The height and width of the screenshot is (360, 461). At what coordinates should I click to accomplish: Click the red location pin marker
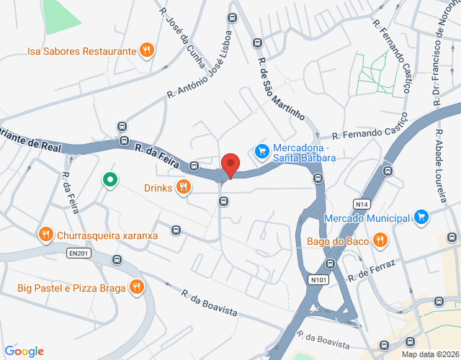click(230, 165)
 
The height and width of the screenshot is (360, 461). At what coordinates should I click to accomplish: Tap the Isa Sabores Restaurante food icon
click(147, 50)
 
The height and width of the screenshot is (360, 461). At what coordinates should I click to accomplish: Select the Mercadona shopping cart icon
click(261, 151)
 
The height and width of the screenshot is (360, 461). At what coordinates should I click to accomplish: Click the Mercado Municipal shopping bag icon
click(421, 217)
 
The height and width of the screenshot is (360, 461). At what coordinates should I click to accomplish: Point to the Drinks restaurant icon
click(184, 187)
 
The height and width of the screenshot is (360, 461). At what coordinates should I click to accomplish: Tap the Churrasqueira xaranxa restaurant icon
click(45, 234)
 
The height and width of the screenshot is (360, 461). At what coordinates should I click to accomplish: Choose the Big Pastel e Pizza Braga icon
click(136, 288)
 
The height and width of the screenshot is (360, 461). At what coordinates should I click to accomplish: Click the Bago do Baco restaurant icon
click(378, 240)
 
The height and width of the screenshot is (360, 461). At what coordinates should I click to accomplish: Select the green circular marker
click(109, 179)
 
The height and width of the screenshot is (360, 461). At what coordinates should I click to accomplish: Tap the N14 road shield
click(362, 204)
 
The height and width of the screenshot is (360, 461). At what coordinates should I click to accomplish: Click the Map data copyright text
click(430, 354)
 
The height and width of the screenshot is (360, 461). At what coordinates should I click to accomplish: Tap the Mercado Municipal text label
click(367, 217)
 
